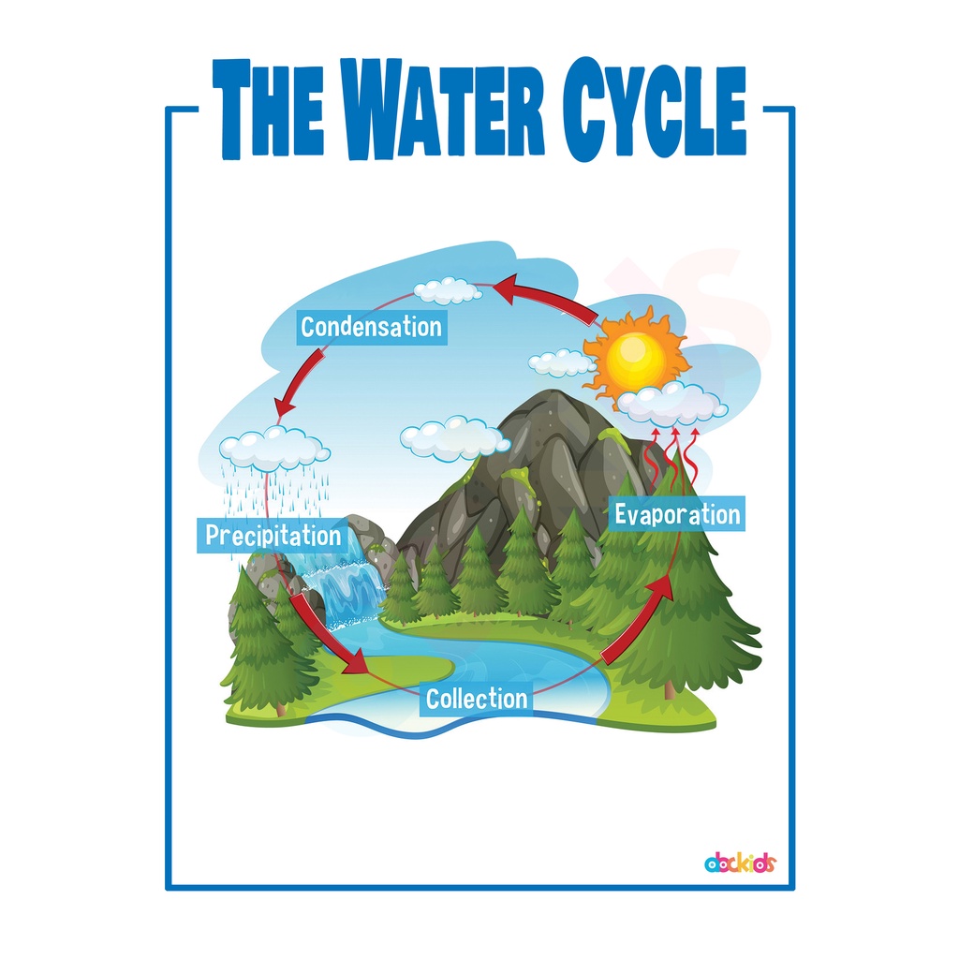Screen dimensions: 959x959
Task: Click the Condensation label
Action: click(x=371, y=328)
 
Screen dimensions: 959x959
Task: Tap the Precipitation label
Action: click(x=273, y=537)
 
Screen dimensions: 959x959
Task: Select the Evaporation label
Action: click(x=677, y=514)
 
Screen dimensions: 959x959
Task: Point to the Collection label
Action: click(x=477, y=699)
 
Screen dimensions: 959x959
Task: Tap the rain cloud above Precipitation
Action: click(x=273, y=447)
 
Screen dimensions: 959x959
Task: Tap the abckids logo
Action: click(x=739, y=863)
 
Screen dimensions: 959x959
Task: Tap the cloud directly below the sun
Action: click(x=671, y=403)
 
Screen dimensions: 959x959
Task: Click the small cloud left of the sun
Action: click(x=562, y=362)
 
